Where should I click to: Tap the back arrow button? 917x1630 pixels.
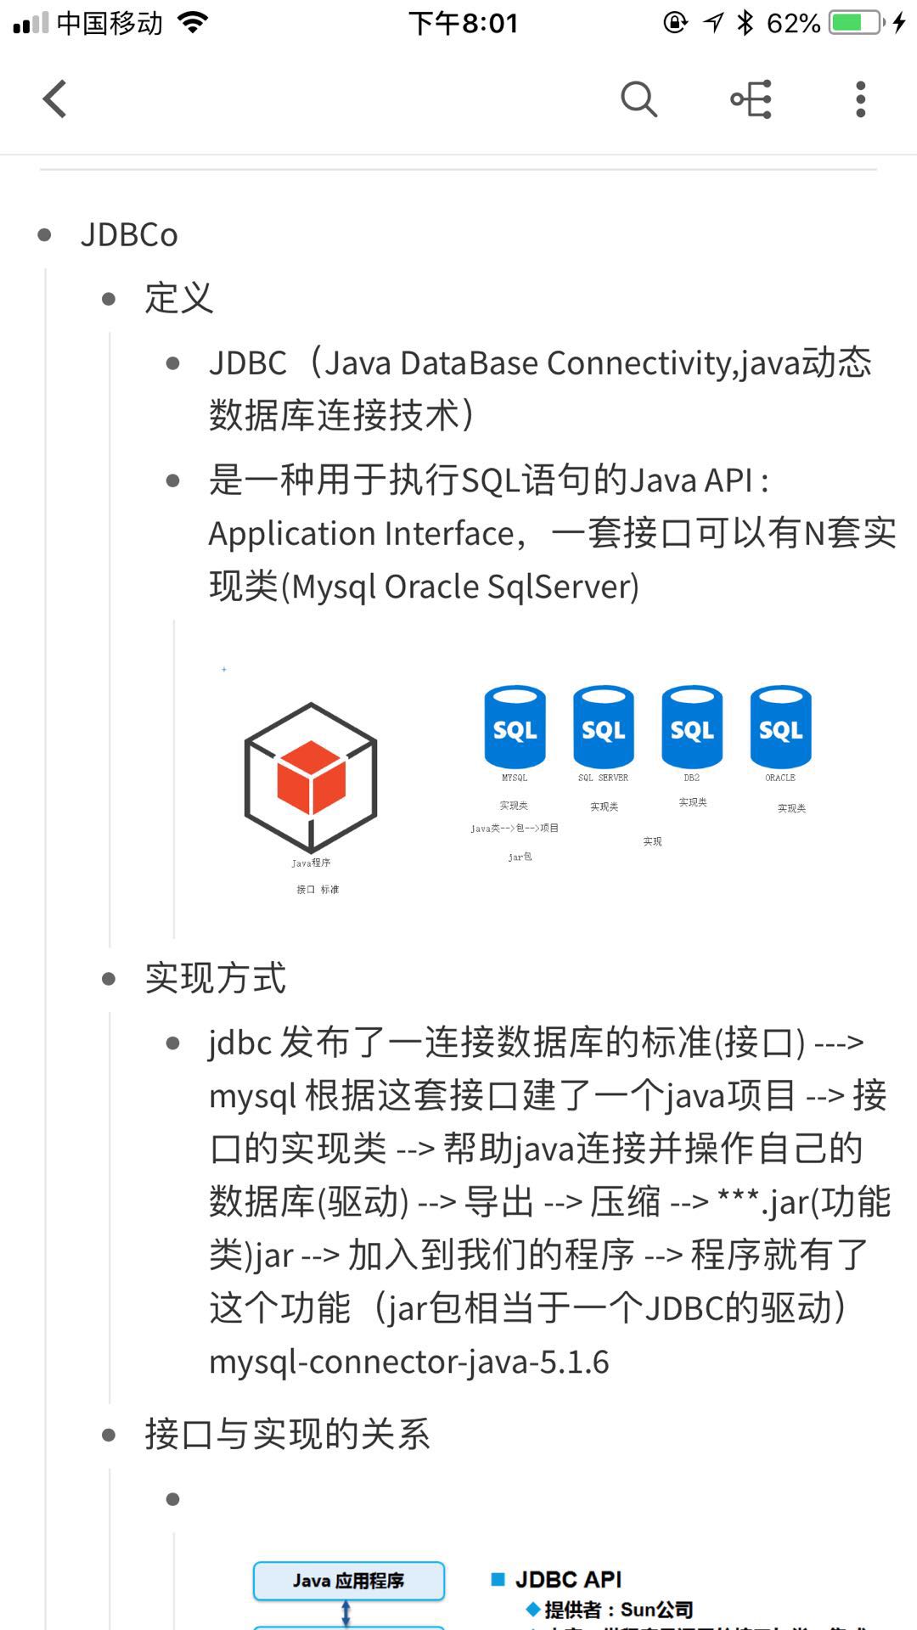[55, 98]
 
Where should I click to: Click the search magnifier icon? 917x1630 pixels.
[639, 99]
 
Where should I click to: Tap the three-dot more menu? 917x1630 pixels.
[860, 99]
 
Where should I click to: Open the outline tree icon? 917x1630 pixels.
[751, 99]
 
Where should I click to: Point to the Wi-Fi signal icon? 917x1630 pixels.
[194, 23]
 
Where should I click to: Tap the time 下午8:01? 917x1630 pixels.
[463, 23]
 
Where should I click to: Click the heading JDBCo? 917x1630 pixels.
[129, 235]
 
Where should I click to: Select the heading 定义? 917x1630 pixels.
[178, 298]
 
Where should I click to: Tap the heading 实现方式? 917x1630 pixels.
[216, 978]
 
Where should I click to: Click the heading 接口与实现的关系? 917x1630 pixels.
[287, 1434]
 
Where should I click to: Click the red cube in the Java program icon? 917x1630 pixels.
[311, 776]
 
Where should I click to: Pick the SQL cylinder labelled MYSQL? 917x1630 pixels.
[515, 728]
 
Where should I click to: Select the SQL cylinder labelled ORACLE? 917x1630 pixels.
[780, 728]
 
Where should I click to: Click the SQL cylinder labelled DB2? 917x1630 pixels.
[692, 728]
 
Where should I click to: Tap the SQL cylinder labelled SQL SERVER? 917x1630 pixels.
[603, 728]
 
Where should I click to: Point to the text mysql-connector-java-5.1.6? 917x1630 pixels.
[409, 1362]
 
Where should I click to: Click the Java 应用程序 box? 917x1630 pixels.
[348, 1581]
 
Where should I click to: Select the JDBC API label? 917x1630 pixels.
[568, 1579]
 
